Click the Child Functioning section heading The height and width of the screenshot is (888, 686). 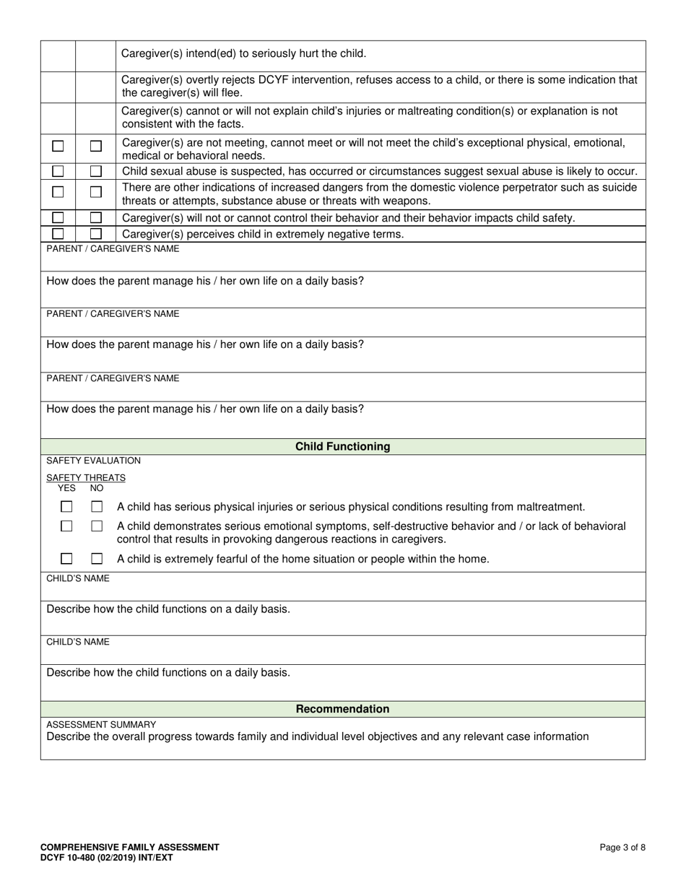[342, 446]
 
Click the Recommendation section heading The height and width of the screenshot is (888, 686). [342, 709]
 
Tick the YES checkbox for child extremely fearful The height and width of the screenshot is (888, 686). [66, 559]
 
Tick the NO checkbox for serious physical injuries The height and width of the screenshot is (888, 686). [97, 507]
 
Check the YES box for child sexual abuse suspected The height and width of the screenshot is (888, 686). [58, 171]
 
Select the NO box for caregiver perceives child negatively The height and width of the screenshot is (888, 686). [95, 234]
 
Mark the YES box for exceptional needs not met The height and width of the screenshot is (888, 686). [58, 146]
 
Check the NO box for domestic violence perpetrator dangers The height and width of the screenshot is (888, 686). [95, 192]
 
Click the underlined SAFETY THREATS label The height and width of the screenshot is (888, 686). [85, 477]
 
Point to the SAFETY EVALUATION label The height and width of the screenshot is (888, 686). [93, 461]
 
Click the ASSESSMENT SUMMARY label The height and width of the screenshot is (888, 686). [100, 724]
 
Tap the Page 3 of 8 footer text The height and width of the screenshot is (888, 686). [622, 848]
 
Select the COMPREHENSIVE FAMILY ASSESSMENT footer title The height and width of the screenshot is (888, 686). [130, 848]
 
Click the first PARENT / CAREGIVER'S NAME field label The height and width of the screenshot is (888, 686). [113, 249]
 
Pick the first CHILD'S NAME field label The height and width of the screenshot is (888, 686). [78, 578]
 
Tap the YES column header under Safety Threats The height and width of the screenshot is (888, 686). [66, 488]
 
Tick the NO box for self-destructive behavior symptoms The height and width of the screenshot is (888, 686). [97, 526]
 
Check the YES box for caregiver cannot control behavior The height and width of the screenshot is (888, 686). [58, 217]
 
